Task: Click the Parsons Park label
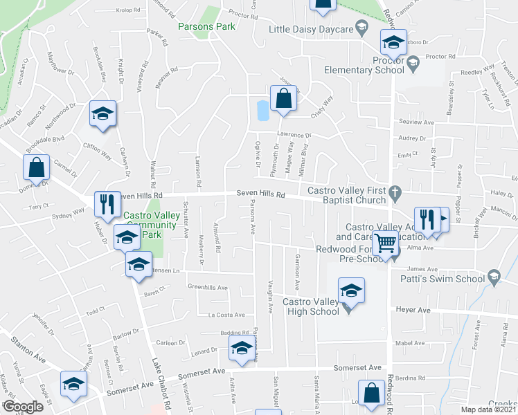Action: [x=206, y=26]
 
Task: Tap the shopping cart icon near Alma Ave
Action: [x=384, y=243]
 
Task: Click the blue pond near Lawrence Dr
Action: [x=262, y=110]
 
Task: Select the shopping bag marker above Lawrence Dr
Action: [x=283, y=98]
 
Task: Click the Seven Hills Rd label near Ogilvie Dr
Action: [x=260, y=194]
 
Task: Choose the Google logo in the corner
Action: [x=23, y=406]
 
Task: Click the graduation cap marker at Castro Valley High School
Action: [x=350, y=290]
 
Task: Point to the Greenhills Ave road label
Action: [x=208, y=287]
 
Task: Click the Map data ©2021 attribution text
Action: [x=489, y=409]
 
